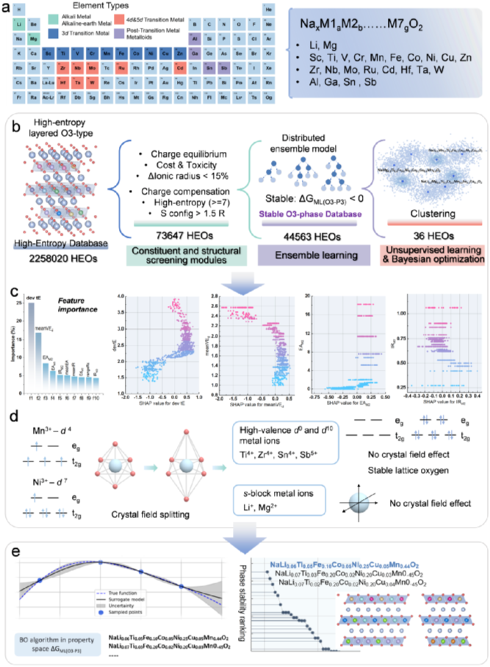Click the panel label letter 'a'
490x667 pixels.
(7, 7)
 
